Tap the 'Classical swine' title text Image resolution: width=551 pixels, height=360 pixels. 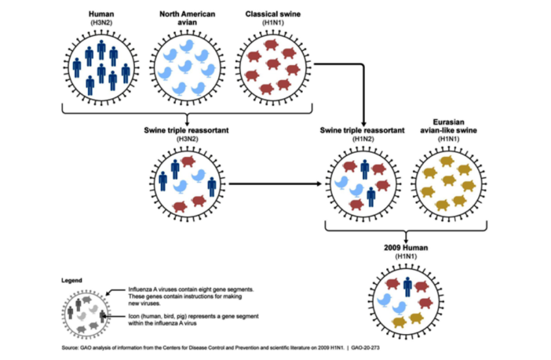tap(272, 14)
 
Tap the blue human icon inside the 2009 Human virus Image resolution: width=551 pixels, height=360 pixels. tap(407, 287)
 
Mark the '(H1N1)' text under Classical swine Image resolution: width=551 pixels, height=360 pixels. tap(272, 24)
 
